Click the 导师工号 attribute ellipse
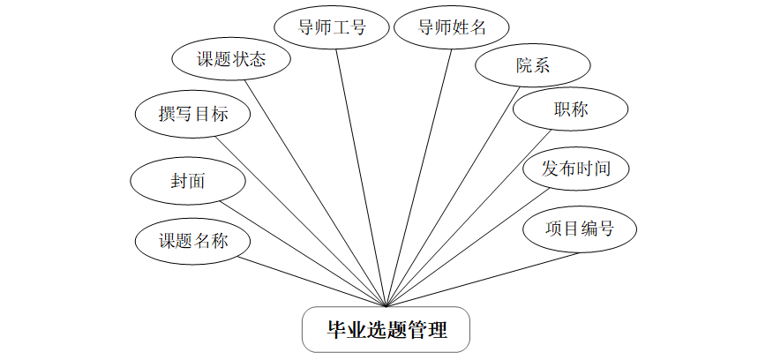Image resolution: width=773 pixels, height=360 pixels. [x=332, y=27]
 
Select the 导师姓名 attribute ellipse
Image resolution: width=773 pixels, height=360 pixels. [x=452, y=27]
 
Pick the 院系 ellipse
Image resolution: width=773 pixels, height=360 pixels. [x=531, y=65]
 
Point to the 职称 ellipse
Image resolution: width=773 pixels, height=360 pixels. [x=571, y=109]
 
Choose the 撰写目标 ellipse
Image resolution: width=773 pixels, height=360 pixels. [x=193, y=114]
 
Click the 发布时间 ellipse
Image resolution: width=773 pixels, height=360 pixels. [x=576, y=168]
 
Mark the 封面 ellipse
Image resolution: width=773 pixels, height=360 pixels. [x=187, y=181]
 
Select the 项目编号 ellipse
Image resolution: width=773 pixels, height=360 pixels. [x=579, y=229]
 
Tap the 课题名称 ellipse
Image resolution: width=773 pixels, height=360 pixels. [x=193, y=241]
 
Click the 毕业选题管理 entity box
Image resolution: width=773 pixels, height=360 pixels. [x=386, y=331]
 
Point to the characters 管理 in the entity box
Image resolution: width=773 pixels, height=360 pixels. [x=427, y=331]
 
